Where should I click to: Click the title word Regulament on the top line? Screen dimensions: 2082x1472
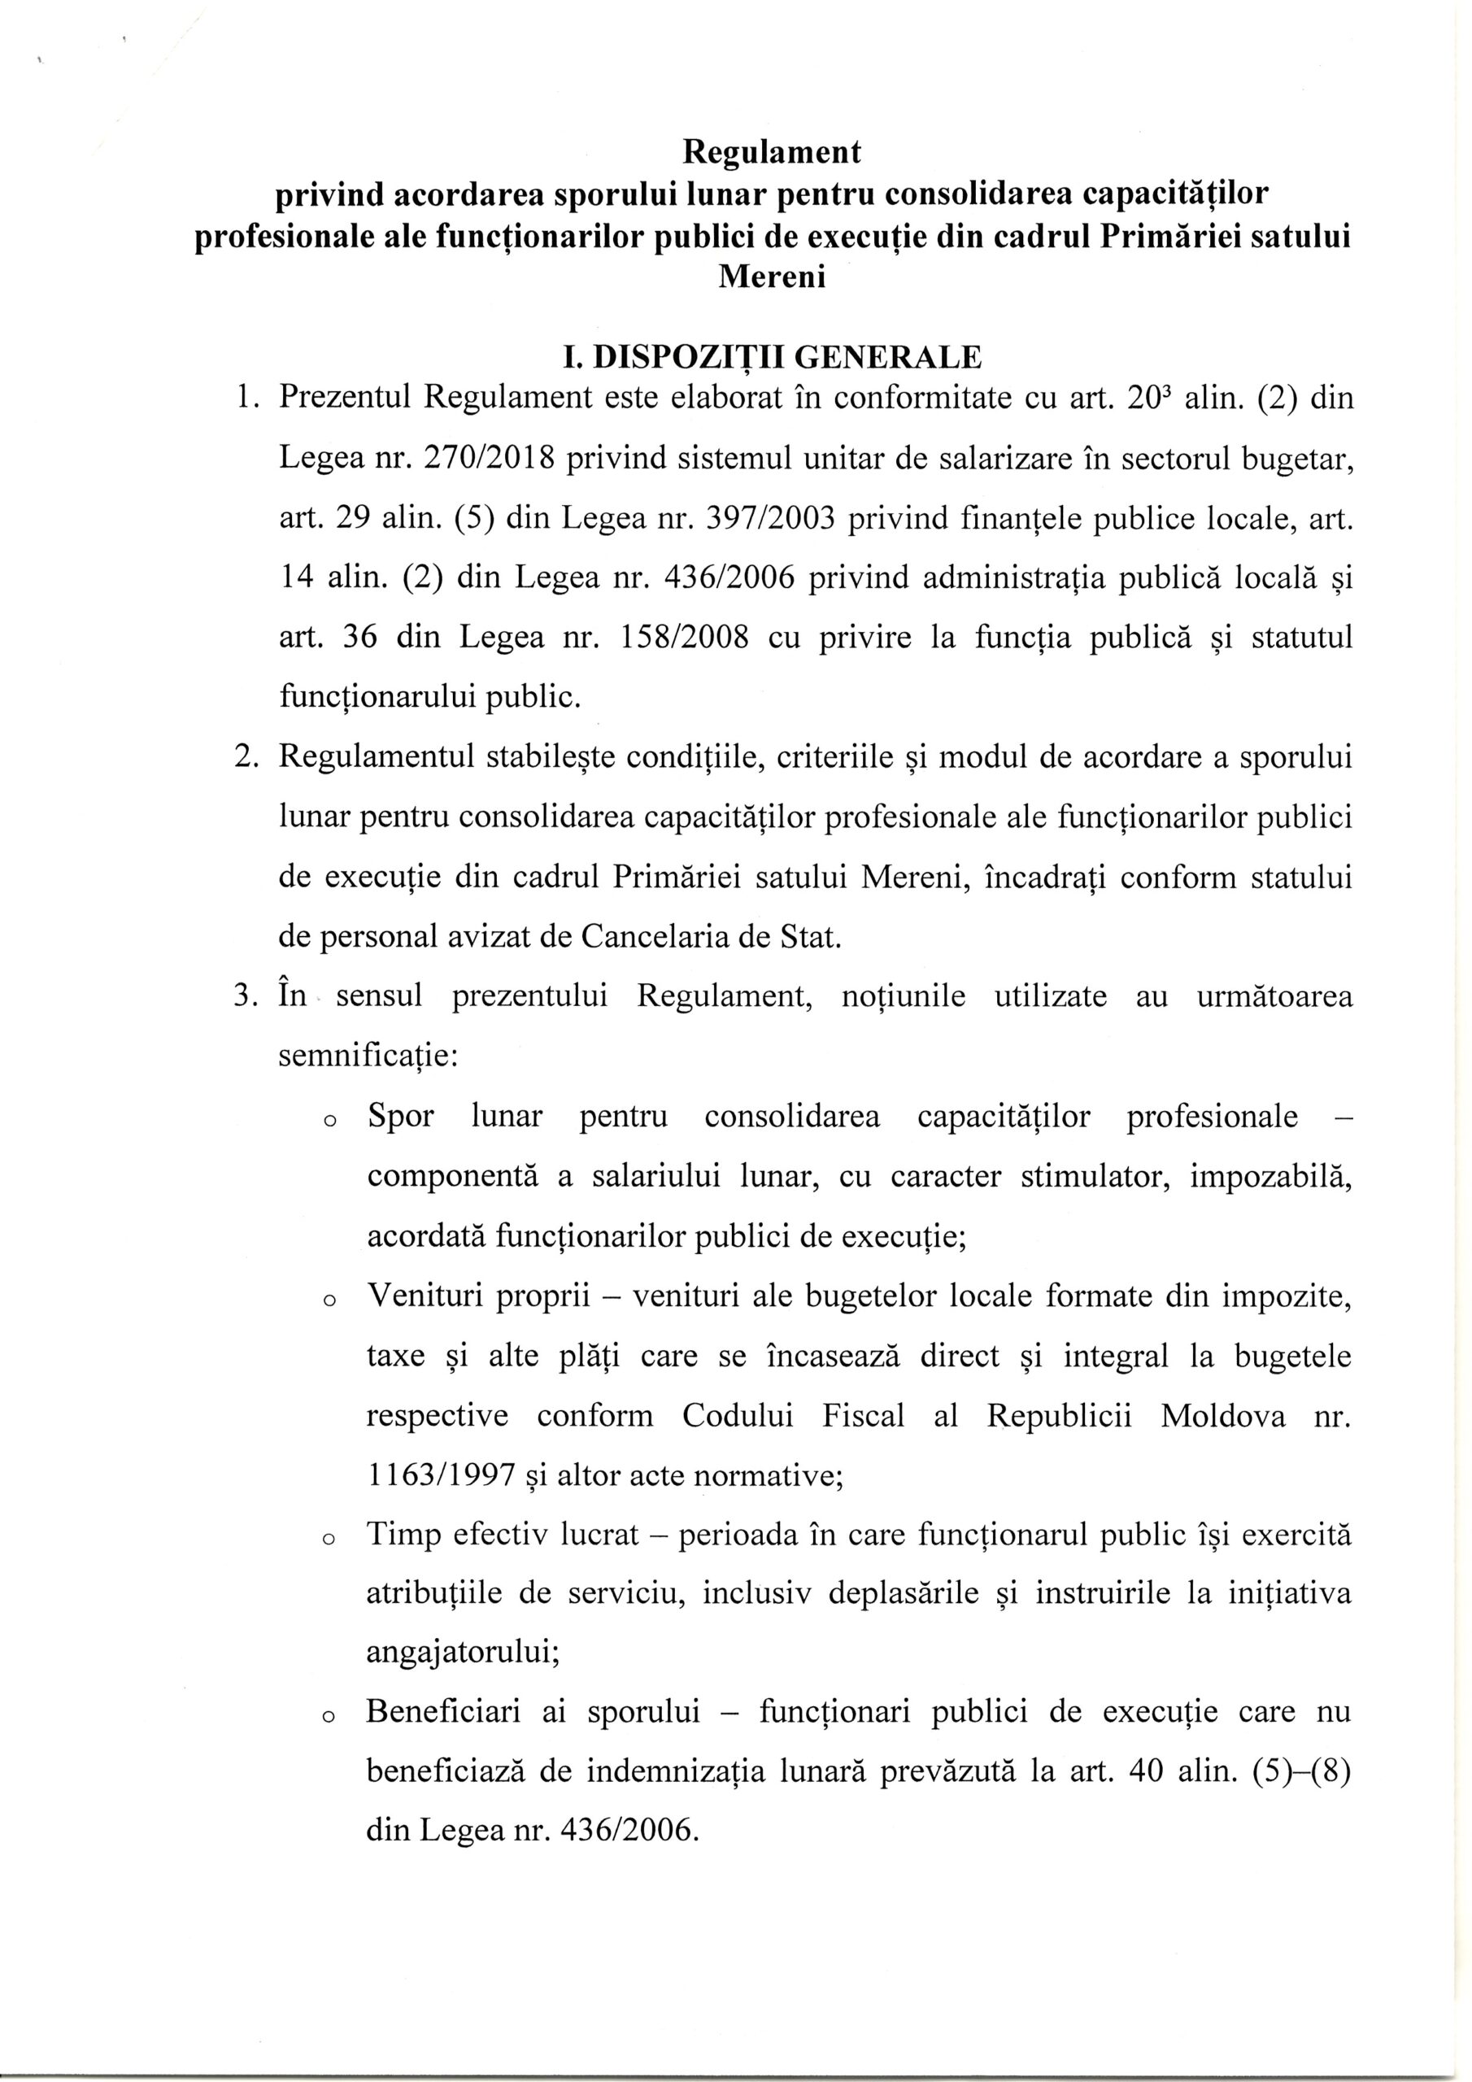tap(771, 152)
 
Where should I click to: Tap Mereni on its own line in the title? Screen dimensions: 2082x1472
tap(772, 276)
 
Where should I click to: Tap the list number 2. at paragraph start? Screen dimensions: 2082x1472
tap(246, 757)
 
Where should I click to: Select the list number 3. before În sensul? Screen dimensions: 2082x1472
tap(246, 996)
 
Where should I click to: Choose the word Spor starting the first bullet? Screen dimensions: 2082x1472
tap(400, 1117)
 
